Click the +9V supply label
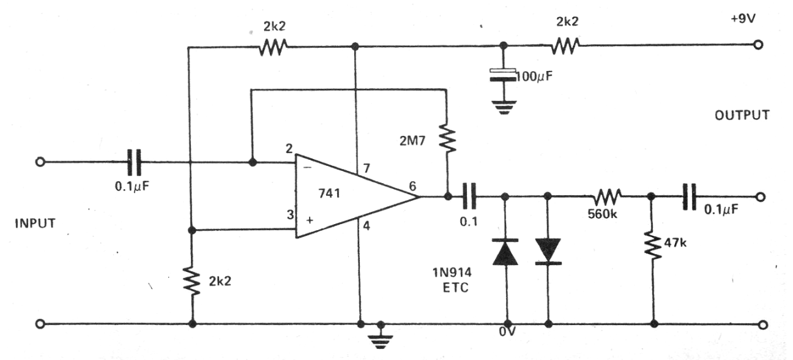coord(743,18)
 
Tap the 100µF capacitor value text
coord(534,76)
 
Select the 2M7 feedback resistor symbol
coord(447,138)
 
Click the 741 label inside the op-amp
coord(329,193)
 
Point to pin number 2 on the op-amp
coord(289,148)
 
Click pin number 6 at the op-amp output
coord(412,186)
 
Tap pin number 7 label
coord(367,168)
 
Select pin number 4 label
coord(367,226)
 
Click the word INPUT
coord(35,223)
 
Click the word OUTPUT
coord(742,115)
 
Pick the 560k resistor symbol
coord(608,197)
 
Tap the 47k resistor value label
coord(675,242)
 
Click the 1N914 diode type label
coord(452,272)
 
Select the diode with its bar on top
coord(505,252)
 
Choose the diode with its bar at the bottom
coord(548,252)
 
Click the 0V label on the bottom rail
coord(507,332)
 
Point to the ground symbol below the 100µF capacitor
coord(504,107)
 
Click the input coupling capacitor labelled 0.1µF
coord(134,162)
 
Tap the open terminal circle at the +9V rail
coord(758,45)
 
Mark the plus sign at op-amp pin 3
coord(310,220)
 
